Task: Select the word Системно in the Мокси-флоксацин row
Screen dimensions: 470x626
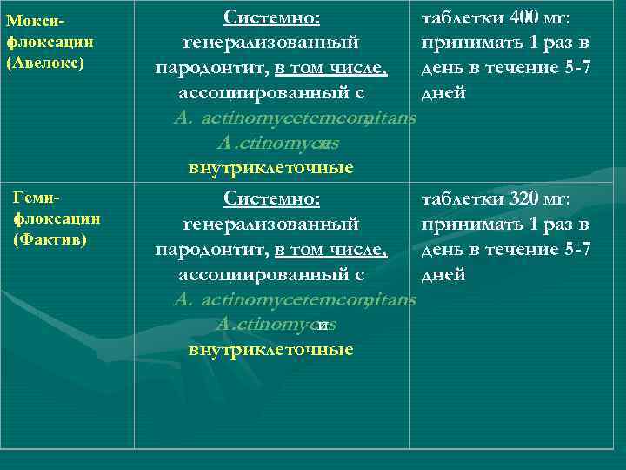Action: [x=271, y=17]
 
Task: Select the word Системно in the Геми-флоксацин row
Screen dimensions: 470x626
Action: [x=271, y=199]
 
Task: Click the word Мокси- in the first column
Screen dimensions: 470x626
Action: [x=36, y=19]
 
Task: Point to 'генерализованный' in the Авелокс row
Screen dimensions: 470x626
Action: [x=271, y=43]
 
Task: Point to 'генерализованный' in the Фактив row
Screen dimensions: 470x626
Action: [x=271, y=225]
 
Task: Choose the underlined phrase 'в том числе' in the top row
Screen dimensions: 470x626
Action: [x=330, y=68]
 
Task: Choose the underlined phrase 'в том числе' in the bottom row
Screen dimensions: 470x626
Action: [x=330, y=250]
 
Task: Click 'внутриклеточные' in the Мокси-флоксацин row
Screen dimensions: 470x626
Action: [x=271, y=168]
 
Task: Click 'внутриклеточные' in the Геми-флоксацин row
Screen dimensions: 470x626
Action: [x=271, y=350]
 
